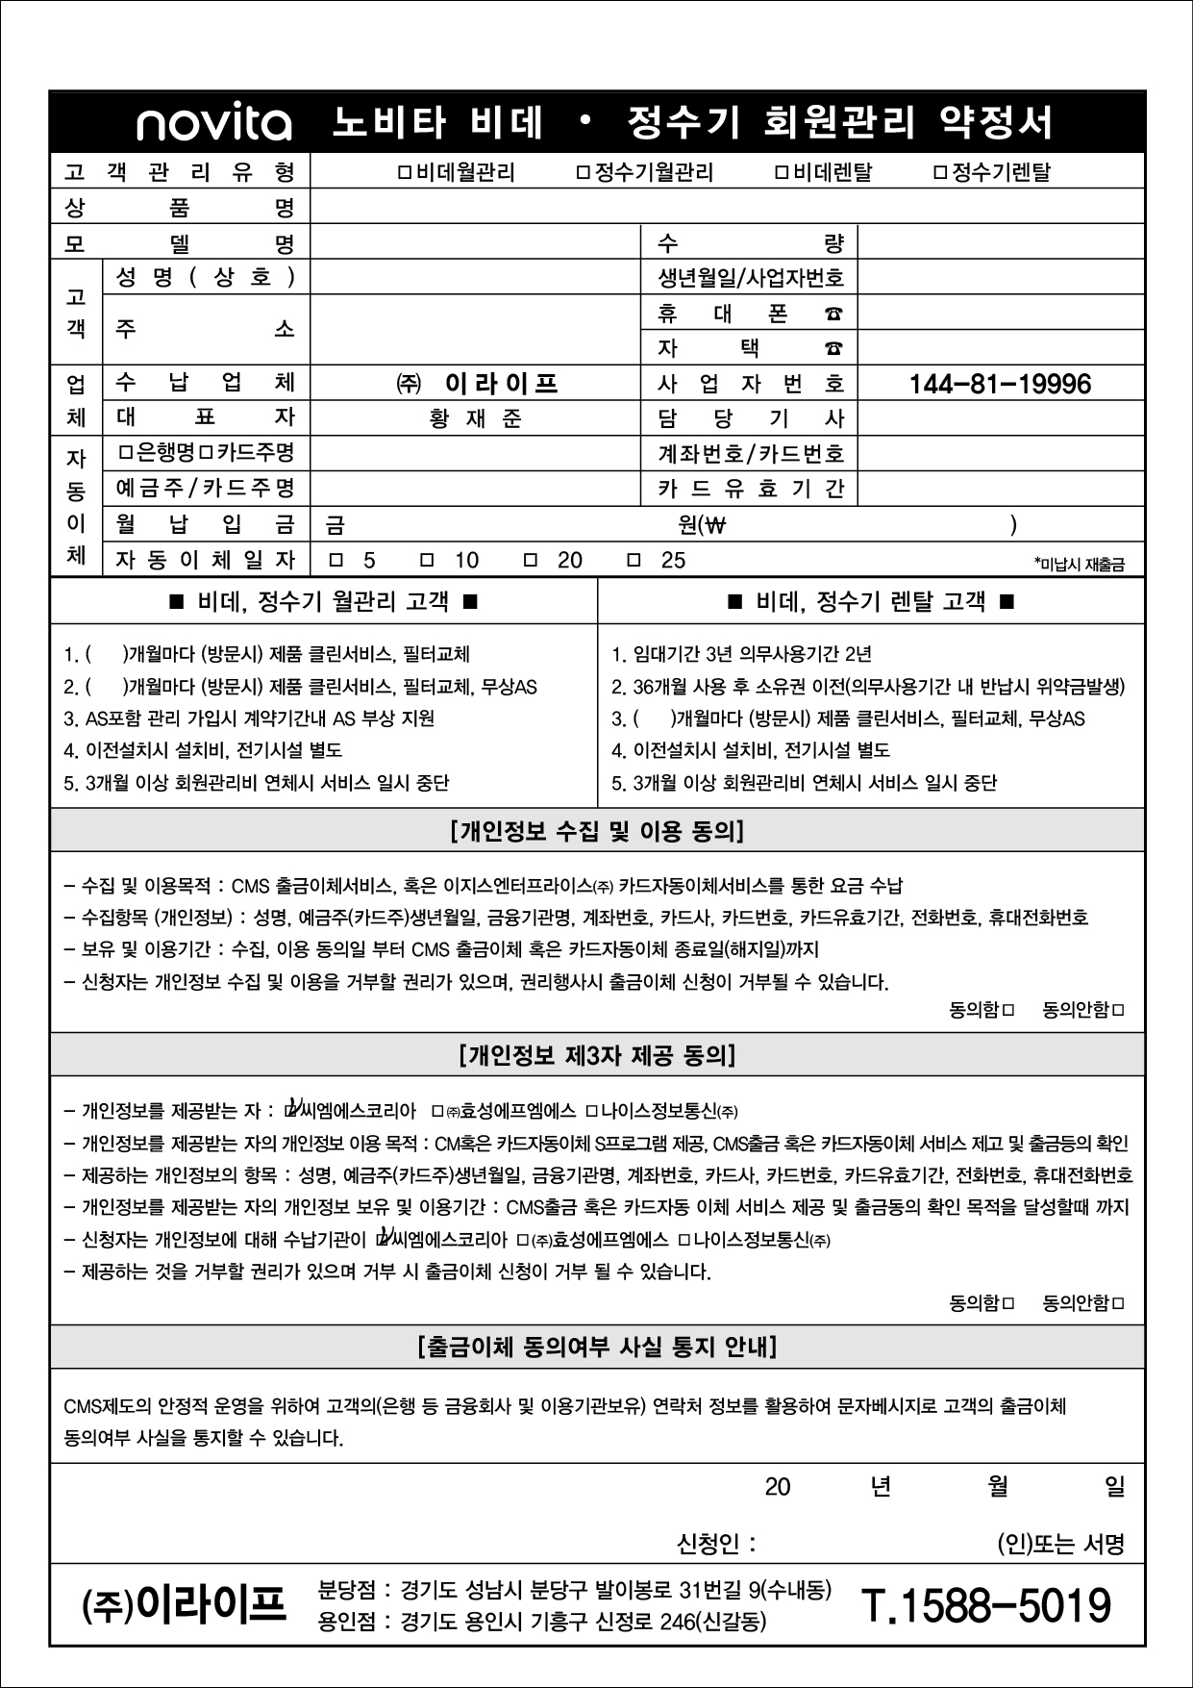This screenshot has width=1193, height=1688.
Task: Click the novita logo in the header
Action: [213, 123]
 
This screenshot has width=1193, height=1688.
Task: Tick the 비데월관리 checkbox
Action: [405, 173]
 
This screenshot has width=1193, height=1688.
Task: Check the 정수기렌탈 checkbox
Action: [940, 173]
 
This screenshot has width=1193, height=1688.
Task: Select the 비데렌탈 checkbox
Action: [782, 173]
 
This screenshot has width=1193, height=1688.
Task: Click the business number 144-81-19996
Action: [1000, 385]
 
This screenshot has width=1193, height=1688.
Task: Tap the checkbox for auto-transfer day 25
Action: [634, 560]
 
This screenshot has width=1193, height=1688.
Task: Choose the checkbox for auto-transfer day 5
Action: [336, 560]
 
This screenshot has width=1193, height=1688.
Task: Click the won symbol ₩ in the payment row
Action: [716, 525]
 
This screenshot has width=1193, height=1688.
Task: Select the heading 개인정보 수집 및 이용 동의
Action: [596, 831]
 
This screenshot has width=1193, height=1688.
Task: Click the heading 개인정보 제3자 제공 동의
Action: [597, 1056]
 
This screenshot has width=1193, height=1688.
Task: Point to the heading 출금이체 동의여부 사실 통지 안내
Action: [597, 1347]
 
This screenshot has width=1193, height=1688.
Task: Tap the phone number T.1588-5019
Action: [985, 1605]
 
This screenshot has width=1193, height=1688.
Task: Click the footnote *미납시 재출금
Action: [1079, 565]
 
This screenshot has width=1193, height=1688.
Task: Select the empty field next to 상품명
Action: [727, 207]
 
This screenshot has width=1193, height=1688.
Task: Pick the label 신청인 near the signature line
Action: [716, 1545]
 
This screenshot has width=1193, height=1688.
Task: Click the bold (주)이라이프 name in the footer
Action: [185, 1605]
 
